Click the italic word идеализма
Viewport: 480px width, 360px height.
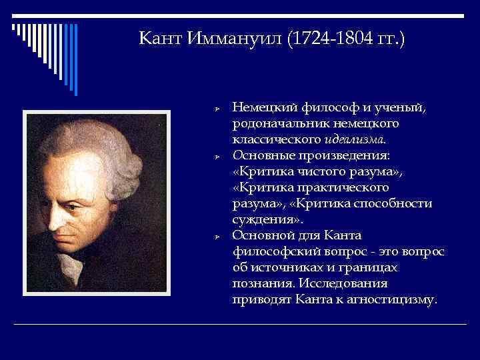coord(354,139)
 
